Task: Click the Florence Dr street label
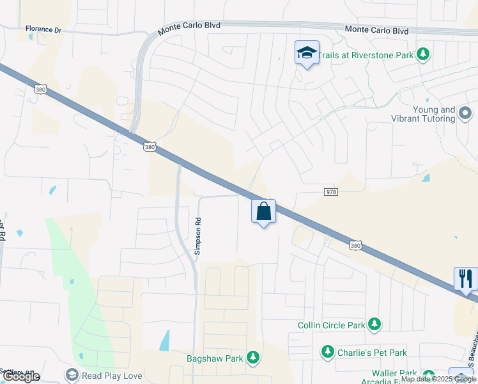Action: [x=42, y=29]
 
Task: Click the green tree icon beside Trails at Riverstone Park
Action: [x=422, y=55]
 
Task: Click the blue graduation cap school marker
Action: [x=307, y=53]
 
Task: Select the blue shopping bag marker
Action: [x=263, y=212]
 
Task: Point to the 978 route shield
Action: [x=330, y=191]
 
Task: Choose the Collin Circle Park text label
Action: [x=331, y=325]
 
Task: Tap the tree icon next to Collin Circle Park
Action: [x=375, y=325]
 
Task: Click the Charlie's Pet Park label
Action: [x=371, y=352]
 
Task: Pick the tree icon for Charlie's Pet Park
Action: [x=327, y=352]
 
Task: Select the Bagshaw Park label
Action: [x=215, y=358]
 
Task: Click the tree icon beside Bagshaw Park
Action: [x=254, y=358]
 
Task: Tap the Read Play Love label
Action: [x=112, y=376]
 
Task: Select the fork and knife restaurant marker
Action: [x=466, y=278]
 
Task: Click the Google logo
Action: [x=20, y=377]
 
